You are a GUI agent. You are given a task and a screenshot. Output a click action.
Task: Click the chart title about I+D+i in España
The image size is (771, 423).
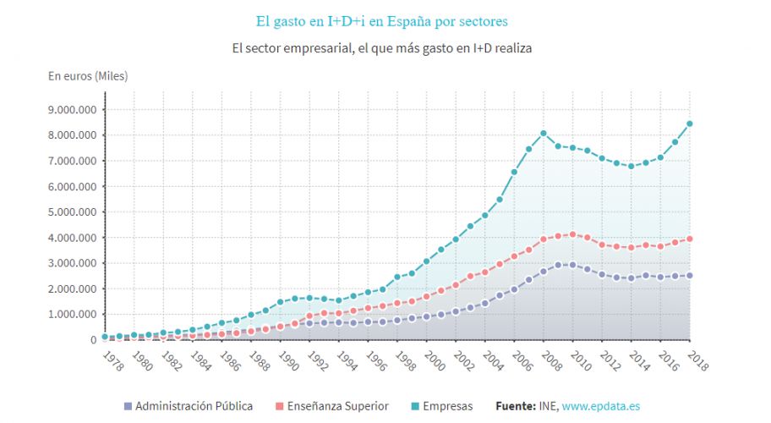(x=382, y=20)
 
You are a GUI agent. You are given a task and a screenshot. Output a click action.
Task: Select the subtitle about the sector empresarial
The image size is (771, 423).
(x=382, y=48)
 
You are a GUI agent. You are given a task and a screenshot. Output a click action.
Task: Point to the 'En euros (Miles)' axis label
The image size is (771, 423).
(x=88, y=76)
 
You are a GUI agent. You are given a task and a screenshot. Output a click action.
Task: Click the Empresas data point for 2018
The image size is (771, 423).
(x=690, y=124)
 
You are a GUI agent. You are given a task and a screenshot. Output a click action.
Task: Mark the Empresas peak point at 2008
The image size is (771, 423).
(x=544, y=134)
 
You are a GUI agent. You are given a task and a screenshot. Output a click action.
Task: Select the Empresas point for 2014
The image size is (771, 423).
(x=631, y=166)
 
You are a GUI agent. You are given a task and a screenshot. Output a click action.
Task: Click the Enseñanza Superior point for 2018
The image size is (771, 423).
(x=690, y=239)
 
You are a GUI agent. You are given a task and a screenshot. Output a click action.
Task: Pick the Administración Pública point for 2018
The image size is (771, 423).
(x=690, y=275)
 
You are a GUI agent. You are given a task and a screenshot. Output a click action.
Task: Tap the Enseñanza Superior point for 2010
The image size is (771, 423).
(x=573, y=234)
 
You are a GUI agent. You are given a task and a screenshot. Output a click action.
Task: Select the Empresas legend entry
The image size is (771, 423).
(x=442, y=406)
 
